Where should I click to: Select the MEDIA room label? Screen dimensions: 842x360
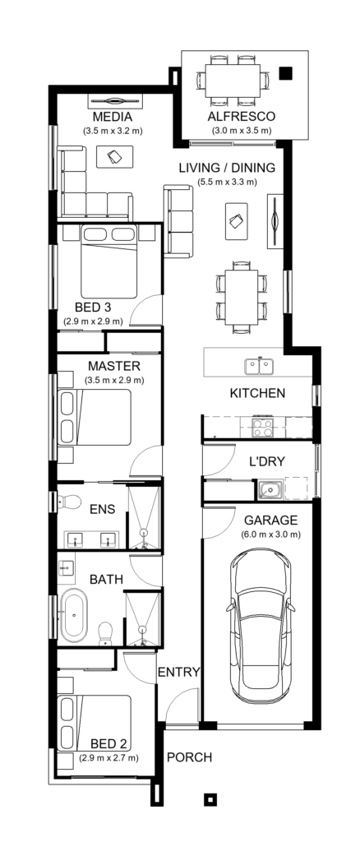(x=113, y=116)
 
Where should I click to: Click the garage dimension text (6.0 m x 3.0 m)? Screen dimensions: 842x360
(x=271, y=534)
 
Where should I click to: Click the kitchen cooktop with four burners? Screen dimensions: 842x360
(x=262, y=427)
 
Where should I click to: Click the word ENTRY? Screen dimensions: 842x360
(x=178, y=672)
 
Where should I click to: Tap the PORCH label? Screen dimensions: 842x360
(x=189, y=756)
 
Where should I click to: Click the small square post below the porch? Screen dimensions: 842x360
(x=210, y=798)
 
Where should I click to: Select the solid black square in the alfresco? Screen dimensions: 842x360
(x=285, y=73)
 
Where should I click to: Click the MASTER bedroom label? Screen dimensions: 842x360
(x=113, y=365)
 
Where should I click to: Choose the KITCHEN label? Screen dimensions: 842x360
(x=257, y=393)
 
